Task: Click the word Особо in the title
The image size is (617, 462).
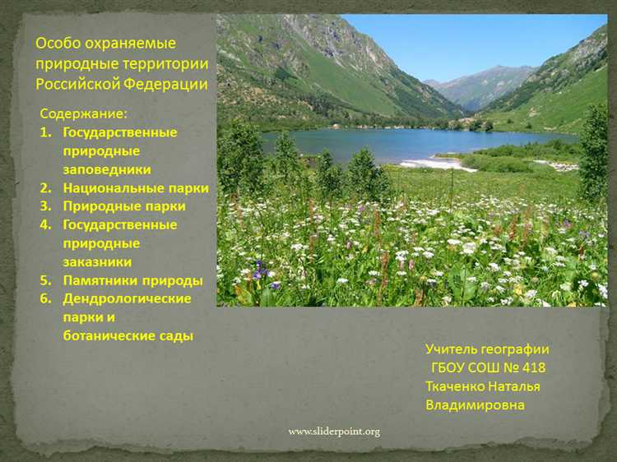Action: point(58,44)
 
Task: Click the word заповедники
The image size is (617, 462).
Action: point(107,169)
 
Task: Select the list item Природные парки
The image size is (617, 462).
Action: point(124,206)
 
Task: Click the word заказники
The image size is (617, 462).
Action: point(97,261)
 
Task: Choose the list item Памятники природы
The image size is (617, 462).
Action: point(132,280)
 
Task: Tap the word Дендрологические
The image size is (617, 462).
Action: point(127,298)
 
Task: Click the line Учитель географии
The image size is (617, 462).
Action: point(487,349)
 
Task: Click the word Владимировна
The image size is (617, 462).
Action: point(475,404)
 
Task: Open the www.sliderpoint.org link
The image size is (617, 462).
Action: point(334,432)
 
